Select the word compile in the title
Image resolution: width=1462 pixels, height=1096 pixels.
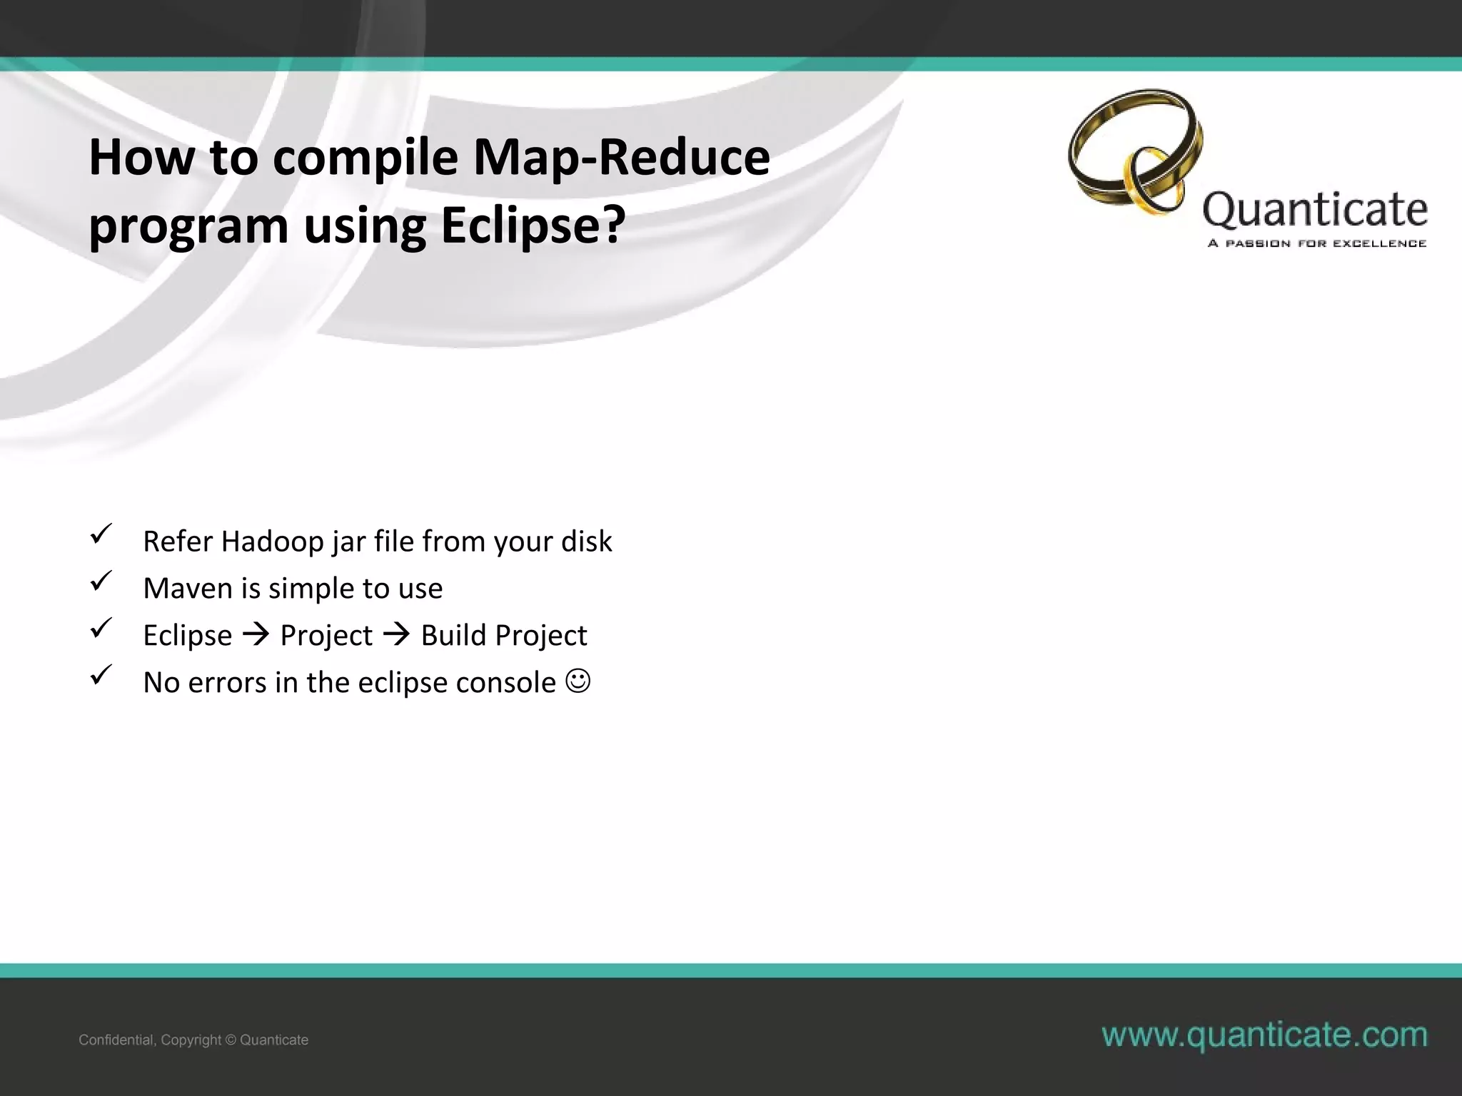pos(365,158)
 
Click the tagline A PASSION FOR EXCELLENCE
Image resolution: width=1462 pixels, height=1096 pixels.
pos(1316,244)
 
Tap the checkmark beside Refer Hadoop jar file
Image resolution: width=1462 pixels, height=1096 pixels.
pos(101,534)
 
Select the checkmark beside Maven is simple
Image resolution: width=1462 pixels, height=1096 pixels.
pos(101,582)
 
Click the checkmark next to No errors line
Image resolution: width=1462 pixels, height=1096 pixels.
pos(101,675)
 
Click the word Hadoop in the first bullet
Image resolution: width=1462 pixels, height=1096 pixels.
pos(272,542)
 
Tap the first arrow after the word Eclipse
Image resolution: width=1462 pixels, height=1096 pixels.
pos(256,635)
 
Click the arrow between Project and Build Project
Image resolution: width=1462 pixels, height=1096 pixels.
pos(397,635)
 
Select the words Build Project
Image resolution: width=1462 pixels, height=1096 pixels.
pos(503,635)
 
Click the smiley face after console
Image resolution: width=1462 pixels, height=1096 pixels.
pos(578,681)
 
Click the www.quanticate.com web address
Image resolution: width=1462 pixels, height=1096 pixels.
pos(1264,1035)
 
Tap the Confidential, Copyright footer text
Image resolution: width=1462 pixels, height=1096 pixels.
pos(193,1040)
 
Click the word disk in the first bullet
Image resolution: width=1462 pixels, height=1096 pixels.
pos(586,542)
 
